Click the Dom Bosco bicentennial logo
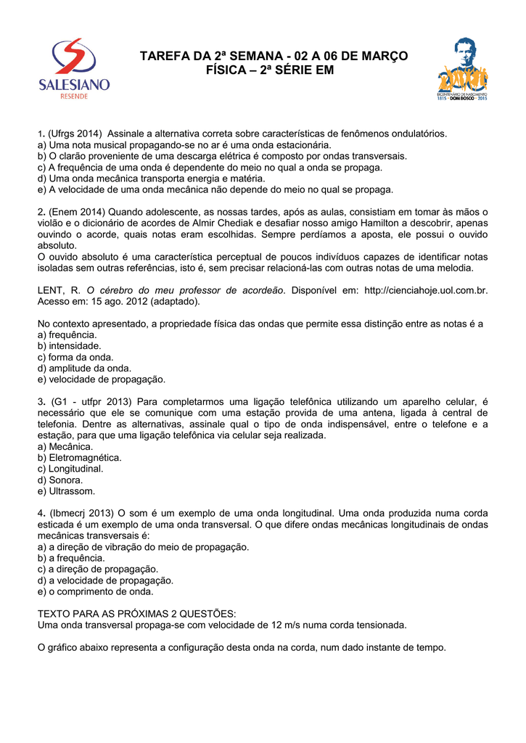[461, 73]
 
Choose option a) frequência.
[66, 335]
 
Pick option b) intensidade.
[69, 346]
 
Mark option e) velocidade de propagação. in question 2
[101, 379]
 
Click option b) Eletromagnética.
[79, 458]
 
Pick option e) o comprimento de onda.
[95, 591]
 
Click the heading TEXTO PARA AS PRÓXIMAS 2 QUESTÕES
[136, 614]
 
